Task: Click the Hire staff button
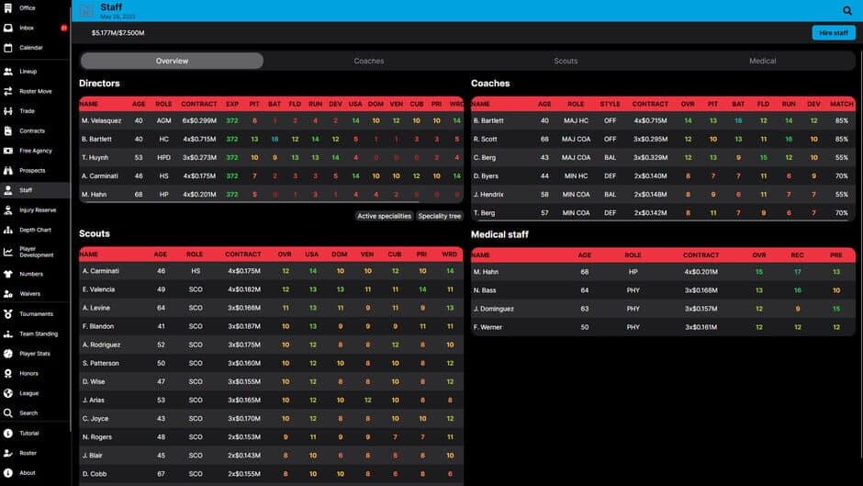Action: click(x=833, y=33)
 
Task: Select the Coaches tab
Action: click(x=369, y=61)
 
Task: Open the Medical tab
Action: click(x=762, y=61)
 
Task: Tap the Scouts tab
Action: click(x=566, y=61)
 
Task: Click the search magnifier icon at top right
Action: click(x=847, y=11)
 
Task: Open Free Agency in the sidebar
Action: click(x=36, y=151)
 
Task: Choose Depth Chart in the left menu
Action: click(x=36, y=230)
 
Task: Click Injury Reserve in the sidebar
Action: click(x=38, y=210)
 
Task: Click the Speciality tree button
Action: click(x=440, y=216)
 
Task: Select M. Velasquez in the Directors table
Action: click(x=102, y=120)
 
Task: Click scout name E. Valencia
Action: click(x=99, y=289)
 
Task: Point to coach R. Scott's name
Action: click(x=486, y=139)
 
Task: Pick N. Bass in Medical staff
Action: click(x=484, y=290)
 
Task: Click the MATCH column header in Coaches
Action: click(x=841, y=104)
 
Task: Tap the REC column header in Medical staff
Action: click(x=798, y=254)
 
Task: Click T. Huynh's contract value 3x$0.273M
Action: click(x=199, y=157)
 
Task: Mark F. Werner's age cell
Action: click(x=585, y=327)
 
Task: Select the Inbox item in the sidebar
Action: click(x=27, y=28)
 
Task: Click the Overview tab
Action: click(x=172, y=61)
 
